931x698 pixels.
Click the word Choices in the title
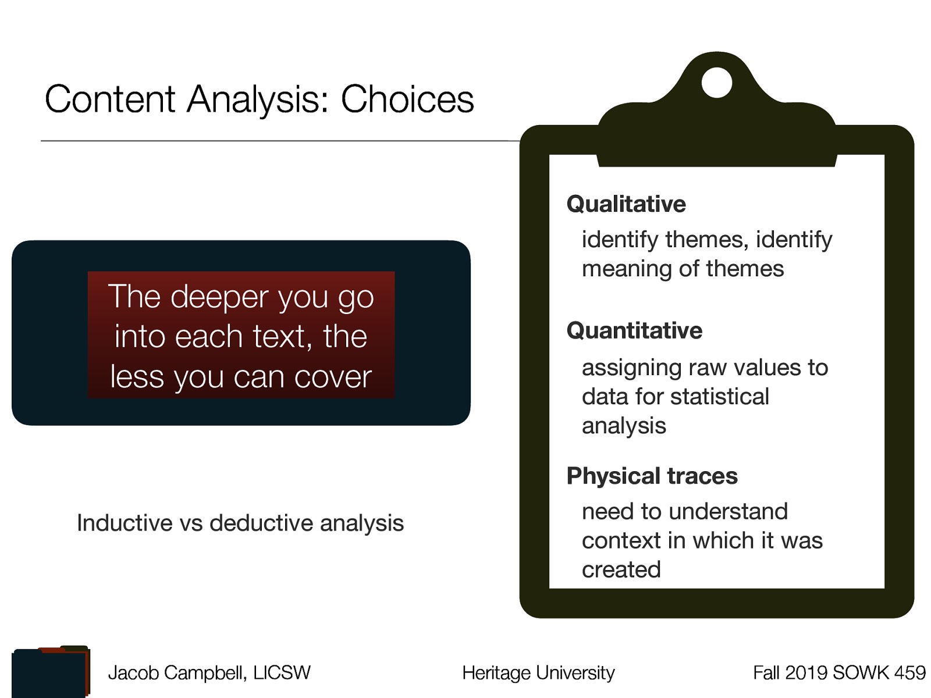click(407, 99)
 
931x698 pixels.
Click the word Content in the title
click(109, 99)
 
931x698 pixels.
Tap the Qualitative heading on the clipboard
click(626, 204)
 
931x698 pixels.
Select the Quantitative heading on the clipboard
click(634, 330)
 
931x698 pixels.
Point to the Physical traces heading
click(652, 476)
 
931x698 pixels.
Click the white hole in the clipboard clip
click(716, 83)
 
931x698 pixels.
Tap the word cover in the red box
click(333, 377)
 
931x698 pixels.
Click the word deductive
click(261, 523)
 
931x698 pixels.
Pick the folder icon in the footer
click(51, 672)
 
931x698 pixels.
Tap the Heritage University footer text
click(538, 673)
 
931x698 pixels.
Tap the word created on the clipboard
click(621, 570)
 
